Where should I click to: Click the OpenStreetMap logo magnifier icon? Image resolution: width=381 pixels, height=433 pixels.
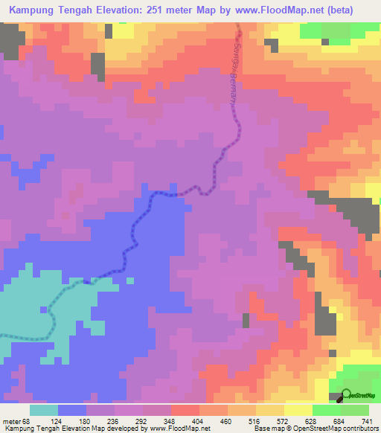click(346, 395)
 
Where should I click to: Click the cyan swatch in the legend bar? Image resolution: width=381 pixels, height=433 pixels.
click(44, 410)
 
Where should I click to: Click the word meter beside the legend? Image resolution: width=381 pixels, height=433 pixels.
click(10, 422)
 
